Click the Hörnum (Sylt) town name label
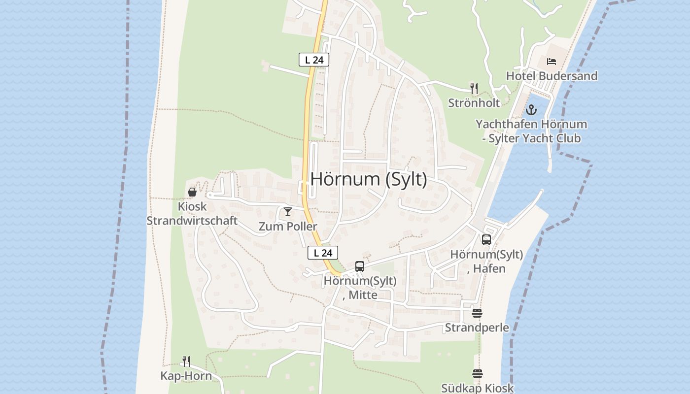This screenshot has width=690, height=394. (369, 179)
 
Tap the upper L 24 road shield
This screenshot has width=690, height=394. (314, 60)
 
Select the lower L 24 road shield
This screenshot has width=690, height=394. (323, 253)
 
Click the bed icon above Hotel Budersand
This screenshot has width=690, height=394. (552, 62)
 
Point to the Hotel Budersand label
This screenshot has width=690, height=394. (552, 76)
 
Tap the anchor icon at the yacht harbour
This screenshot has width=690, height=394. (531, 109)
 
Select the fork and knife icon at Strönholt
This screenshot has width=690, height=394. (474, 89)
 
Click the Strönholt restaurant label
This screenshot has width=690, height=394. (474, 103)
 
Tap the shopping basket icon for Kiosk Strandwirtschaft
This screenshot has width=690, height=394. (192, 192)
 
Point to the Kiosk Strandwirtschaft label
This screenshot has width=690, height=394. (192, 214)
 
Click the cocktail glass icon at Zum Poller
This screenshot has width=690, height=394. (288, 212)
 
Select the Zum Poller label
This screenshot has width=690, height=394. (288, 227)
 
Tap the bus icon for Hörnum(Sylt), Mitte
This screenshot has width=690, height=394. (360, 266)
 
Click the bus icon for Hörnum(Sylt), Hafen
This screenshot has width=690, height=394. (486, 240)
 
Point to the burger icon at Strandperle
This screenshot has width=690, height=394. (477, 313)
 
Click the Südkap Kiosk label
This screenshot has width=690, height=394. (477, 388)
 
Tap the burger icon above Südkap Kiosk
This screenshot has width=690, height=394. (477, 374)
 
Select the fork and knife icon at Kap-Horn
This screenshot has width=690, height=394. (186, 361)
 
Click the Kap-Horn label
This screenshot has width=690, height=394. (186, 376)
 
